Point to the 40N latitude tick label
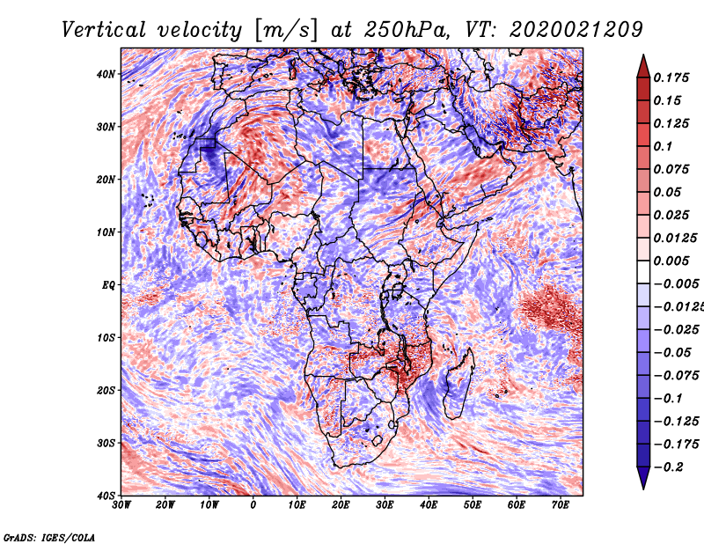click(x=106, y=74)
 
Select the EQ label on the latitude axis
click(x=108, y=284)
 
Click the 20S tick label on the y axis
click(x=106, y=390)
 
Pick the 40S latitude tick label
click(x=106, y=495)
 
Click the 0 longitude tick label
click(x=253, y=505)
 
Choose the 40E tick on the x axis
click(x=429, y=505)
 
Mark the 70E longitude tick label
click(x=561, y=505)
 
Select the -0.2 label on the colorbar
click(x=670, y=467)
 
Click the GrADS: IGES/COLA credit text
click(x=49, y=536)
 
